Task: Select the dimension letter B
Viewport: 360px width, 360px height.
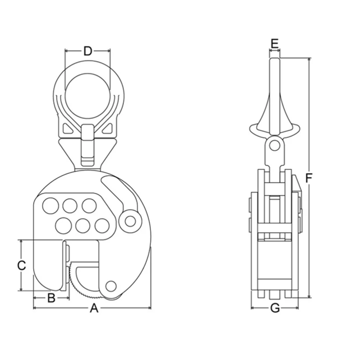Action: [50, 298]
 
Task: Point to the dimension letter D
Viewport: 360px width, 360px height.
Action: [87, 51]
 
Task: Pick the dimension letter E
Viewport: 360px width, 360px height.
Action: [274, 43]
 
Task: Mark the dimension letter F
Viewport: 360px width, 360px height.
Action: [309, 177]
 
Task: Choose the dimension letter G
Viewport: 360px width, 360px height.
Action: [275, 308]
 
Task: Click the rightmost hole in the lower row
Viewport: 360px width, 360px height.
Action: [101, 225]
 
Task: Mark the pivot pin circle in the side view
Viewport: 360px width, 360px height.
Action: [274, 146]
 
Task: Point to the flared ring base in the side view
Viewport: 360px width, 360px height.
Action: [274, 123]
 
